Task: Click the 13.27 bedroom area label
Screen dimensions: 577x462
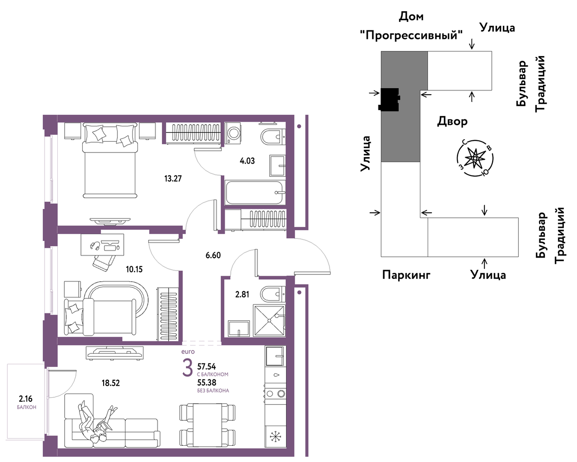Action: point(173,179)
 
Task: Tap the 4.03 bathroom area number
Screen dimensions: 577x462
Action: point(247,161)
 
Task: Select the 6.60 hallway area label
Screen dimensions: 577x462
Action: point(213,255)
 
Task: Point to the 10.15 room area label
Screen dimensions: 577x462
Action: point(134,269)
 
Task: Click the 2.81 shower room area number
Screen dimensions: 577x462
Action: point(242,295)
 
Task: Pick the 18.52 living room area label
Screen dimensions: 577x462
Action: point(111,383)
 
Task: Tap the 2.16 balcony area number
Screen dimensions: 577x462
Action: point(26,399)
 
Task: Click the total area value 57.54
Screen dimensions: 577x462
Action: point(207,366)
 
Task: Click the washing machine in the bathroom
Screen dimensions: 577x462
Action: point(233,133)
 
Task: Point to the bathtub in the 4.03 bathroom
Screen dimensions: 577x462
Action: point(254,192)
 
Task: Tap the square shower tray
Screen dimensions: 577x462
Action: point(269,320)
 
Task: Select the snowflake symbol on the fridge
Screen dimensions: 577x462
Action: point(274,436)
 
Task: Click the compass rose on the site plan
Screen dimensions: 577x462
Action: point(475,158)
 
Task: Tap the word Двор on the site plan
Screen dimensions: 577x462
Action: point(452,122)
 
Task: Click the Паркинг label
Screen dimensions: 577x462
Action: point(406,275)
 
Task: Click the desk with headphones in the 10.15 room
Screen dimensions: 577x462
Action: point(102,244)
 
